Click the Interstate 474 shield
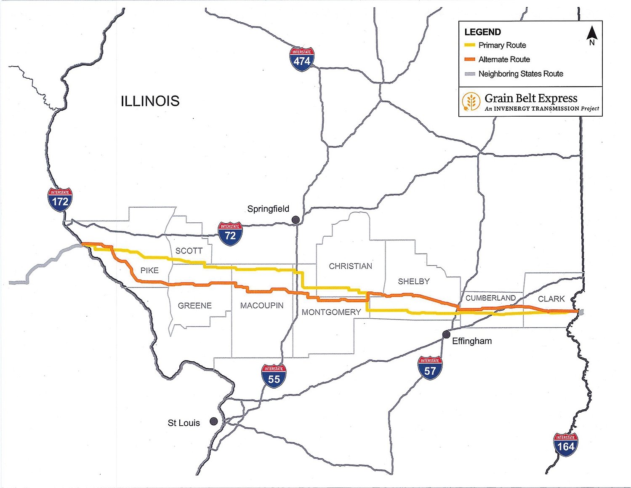point(302,59)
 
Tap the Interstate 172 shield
point(60,200)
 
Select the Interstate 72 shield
point(230,234)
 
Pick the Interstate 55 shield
point(274,376)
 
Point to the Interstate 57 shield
point(430,368)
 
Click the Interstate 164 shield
point(565,444)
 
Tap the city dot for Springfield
point(296,219)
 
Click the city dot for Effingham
point(446,334)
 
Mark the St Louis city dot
point(214,421)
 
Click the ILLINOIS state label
point(150,101)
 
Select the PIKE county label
point(149,270)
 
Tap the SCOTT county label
point(189,251)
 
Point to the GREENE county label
point(194,306)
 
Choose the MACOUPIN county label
point(262,305)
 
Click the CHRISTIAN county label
point(350,266)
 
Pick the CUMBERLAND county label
point(490,298)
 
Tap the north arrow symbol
point(592,35)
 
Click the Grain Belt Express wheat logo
point(471,102)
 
